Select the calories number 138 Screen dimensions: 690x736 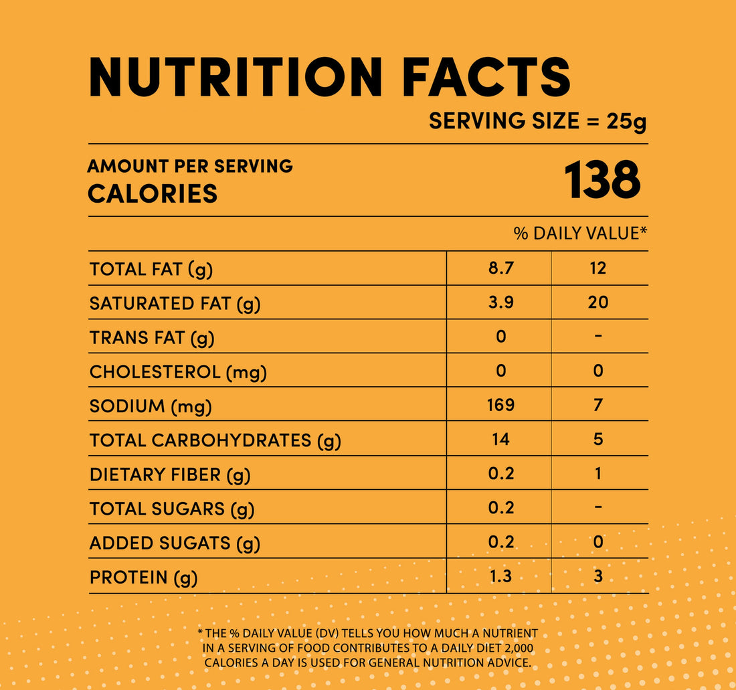[602, 181]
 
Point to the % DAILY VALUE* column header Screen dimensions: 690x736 [580, 233]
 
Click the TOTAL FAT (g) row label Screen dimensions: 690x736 [151, 269]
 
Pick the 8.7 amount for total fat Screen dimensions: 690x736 [500, 268]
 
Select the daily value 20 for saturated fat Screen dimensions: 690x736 [598, 303]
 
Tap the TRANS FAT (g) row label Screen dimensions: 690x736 [152, 337]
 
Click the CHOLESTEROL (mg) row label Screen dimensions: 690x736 [178, 372]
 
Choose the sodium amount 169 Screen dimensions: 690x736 [500, 405]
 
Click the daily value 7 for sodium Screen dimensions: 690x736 [598, 405]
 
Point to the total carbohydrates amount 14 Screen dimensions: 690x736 [500, 439]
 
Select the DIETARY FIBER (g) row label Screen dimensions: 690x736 [169, 475]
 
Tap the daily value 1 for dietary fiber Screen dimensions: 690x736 [598, 474]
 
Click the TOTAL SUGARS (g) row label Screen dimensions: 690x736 [172, 509]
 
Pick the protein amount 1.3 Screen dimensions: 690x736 [500, 576]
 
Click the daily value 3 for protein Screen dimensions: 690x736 [598, 576]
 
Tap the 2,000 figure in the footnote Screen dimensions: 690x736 [520, 648]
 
